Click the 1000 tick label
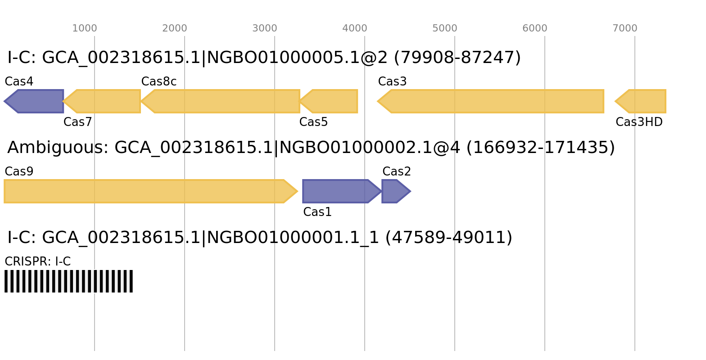[x=85, y=28]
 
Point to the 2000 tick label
[x=175, y=28]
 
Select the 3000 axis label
[x=265, y=28]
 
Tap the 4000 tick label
[x=355, y=28]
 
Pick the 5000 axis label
[x=445, y=28]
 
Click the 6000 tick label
[x=535, y=28]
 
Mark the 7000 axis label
[x=625, y=28]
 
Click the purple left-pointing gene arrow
[x=36, y=101]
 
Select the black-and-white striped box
[x=68, y=281]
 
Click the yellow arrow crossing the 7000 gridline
[x=642, y=101]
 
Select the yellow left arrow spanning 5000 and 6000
[x=493, y=101]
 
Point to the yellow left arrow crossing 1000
[x=104, y=101]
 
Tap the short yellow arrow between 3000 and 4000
[x=331, y=101]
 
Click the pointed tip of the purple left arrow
[x=4, y=101]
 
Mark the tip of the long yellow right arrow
[x=298, y=191]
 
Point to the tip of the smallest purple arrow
[x=411, y=191]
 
